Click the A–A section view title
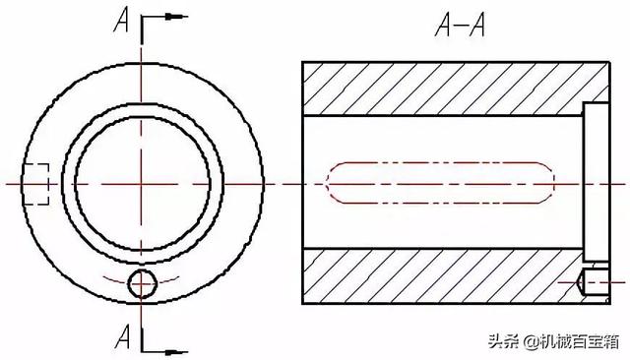pos(460,25)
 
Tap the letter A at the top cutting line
pos(122,20)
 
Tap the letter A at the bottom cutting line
pos(123,336)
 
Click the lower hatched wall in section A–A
pos(442,276)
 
